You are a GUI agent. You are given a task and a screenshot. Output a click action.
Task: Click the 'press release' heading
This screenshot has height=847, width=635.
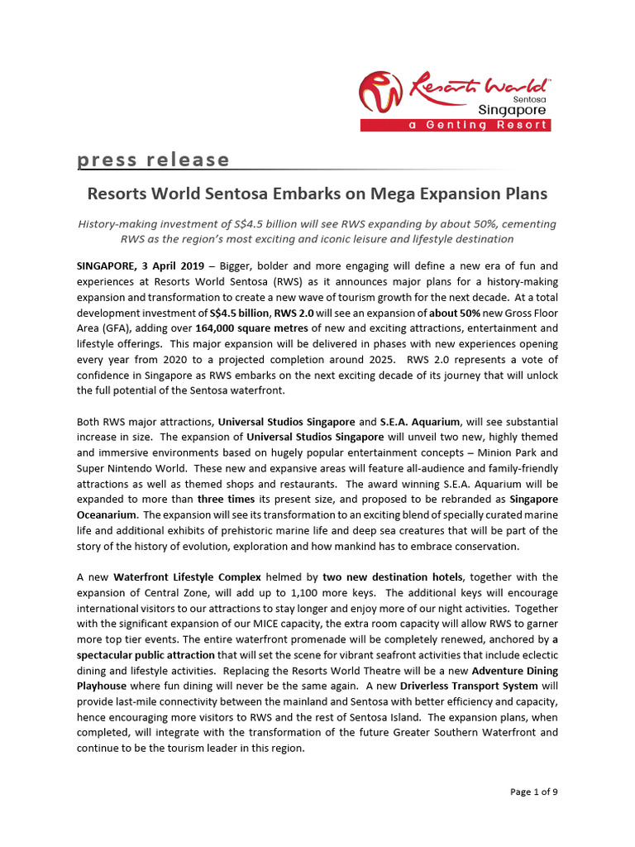(154, 159)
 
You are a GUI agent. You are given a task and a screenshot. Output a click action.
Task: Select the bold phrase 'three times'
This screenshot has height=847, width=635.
(224, 500)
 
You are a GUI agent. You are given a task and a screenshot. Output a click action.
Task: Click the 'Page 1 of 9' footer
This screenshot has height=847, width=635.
(533, 792)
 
